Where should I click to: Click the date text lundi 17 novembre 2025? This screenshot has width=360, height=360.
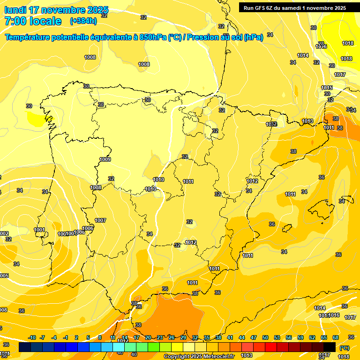click(x=56, y=10)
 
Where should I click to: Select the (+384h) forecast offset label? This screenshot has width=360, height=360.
click(x=83, y=21)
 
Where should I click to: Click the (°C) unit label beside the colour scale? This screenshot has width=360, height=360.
click(x=344, y=348)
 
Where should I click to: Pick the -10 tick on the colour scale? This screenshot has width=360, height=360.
click(x=32, y=338)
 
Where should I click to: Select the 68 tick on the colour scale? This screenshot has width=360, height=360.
click(x=336, y=338)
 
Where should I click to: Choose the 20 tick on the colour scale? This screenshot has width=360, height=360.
click(x=148, y=338)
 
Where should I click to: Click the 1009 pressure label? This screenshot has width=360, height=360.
click(x=105, y=159)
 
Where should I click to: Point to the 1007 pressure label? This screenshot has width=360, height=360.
click(x=100, y=220)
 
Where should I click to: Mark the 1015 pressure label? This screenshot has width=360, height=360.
click(x=327, y=88)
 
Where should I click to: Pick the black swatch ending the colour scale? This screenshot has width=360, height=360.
click(x=330, y=347)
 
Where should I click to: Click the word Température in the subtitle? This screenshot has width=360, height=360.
click(x=29, y=37)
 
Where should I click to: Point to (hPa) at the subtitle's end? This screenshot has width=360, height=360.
click(x=254, y=37)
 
